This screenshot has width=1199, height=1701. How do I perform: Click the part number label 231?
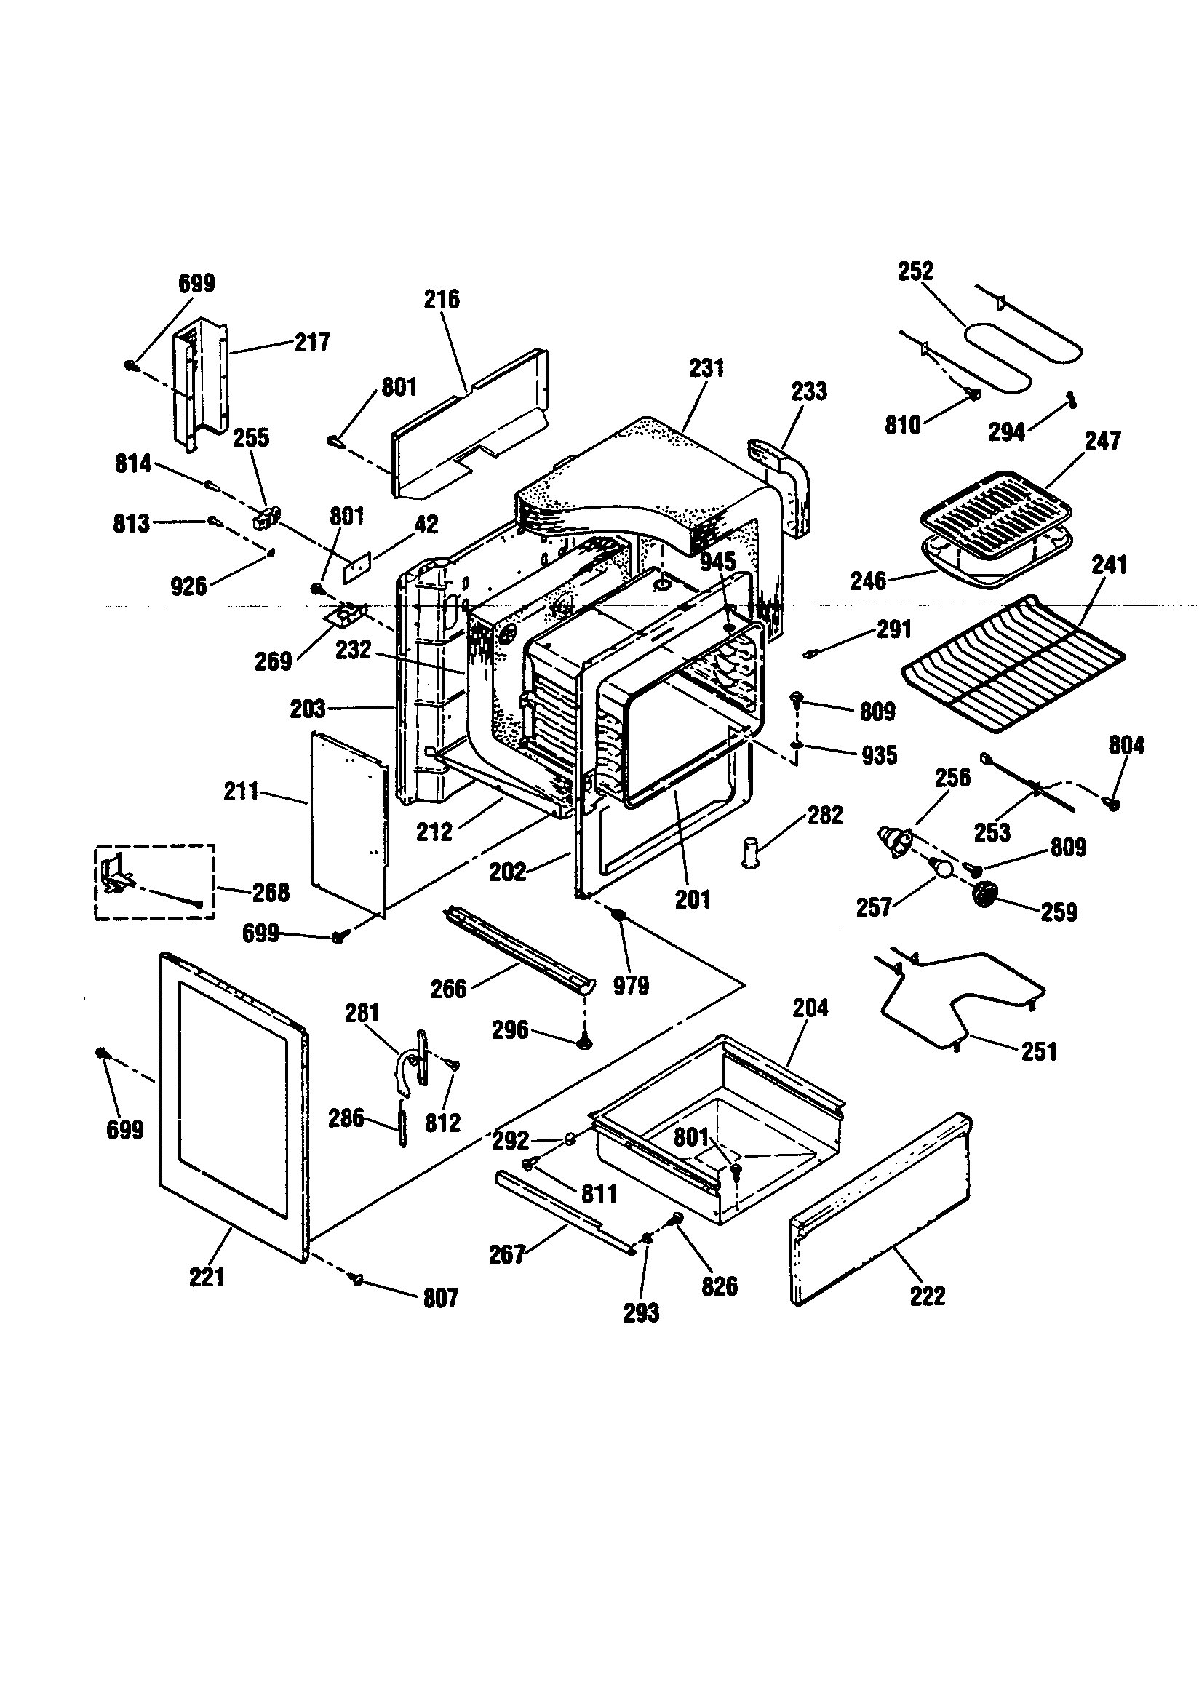coord(706,368)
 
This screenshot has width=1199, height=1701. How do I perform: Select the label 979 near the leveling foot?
coord(631,986)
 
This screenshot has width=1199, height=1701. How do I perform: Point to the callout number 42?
coord(426,525)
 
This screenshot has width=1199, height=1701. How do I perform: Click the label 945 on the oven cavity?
coord(717,561)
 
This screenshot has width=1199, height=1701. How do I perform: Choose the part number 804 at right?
coord(1126,744)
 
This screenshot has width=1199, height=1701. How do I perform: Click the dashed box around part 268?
coord(154,882)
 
